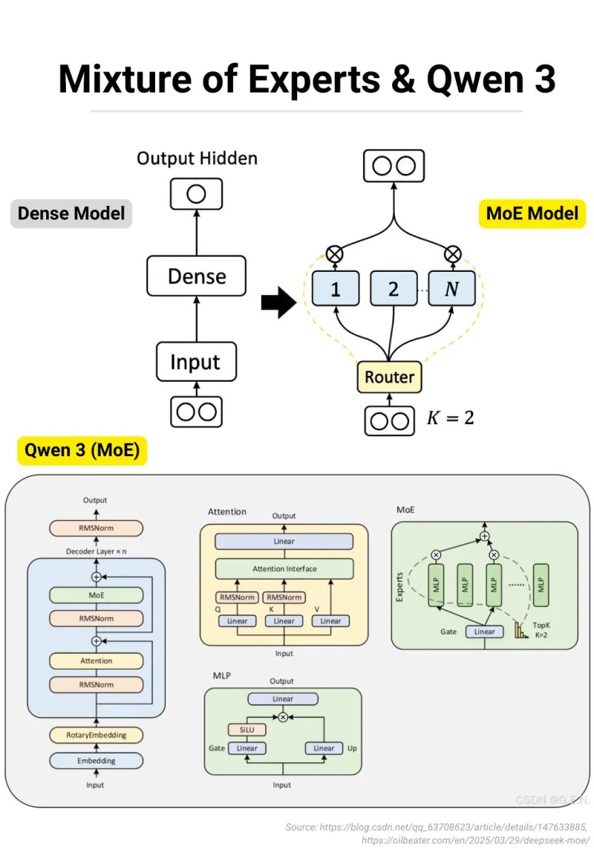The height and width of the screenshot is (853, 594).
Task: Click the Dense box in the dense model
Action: [x=196, y=276]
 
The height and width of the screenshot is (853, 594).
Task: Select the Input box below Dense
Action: [x=196, y=362]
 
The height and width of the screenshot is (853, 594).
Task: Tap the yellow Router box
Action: [x=389, y=377]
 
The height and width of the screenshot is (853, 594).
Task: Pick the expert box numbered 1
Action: [x=335, y=289]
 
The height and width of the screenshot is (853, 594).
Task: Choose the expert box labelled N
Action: [x=451, y=289]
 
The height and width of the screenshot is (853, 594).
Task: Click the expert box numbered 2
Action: [x=393, y=289]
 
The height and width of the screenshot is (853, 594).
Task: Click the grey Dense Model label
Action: [x=71, y=214]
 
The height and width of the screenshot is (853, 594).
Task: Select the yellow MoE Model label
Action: [x=532, y=214]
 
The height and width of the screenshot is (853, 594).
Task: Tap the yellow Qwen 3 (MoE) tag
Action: [x=82, y=450]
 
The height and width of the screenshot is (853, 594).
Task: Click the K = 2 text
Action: [x=450, y=418]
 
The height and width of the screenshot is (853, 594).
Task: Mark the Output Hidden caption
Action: [x=197, y=158]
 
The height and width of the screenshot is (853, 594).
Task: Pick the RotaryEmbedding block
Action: [x=96, y=735]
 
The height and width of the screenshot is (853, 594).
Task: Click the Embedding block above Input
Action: [x=96, y=761]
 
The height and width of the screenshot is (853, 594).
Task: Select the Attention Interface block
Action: [x=284, y=569]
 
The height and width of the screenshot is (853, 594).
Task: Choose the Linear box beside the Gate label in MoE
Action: [x=484, y=632]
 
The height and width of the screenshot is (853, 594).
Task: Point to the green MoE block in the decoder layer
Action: [x=96, y=595]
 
